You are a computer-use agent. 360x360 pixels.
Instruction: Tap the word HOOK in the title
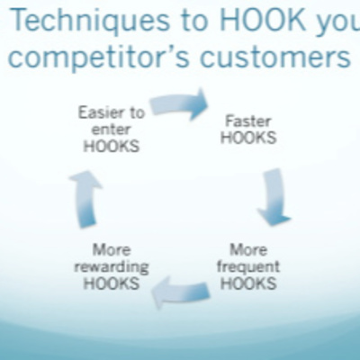(263, 19)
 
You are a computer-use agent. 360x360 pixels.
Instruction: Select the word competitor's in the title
(99, 57)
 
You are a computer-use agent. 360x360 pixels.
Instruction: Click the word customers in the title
(275, 56)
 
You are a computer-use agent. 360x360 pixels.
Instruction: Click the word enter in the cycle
(112, 130)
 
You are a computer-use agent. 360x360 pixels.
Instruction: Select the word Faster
(248, 121)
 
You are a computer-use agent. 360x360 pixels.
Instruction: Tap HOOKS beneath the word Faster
(248, 138)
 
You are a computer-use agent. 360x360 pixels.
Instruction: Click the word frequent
(248, 266)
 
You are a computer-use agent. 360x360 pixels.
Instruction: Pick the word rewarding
(112, 267)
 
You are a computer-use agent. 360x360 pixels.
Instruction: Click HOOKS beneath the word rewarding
(112, 283)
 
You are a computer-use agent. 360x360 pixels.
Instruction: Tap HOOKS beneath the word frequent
(248, 283)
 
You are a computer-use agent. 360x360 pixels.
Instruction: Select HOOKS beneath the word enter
(112, 147)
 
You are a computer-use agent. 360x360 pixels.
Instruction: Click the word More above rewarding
(112, 250)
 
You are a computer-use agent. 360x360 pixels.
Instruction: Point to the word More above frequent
(248, 250)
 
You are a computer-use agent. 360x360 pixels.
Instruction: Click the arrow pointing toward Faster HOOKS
(179, 104)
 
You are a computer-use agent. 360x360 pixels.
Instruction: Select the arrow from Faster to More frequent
(274, 197)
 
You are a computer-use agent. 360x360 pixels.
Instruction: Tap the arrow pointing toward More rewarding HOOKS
(181, 292)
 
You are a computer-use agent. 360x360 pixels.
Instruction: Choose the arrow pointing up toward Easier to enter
(86, 199)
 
